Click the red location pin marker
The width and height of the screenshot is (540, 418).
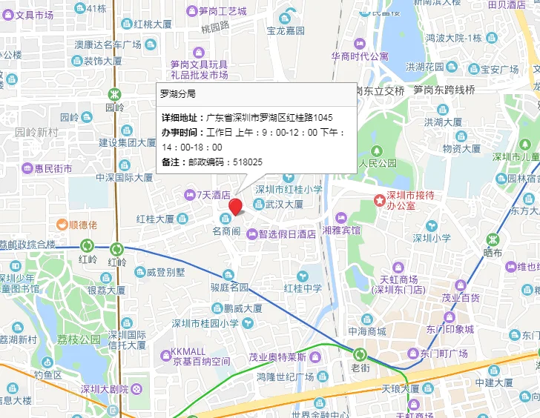(x=236, y=206)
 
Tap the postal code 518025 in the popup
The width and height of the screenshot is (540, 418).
(x=248, y=162)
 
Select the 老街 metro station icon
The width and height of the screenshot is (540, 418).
(x=360, y=354)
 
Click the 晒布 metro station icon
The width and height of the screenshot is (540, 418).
(x=493, y=239)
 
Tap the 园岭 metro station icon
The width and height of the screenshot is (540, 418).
(x=115, y=94)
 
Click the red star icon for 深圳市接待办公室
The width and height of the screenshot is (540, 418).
(x=380, y=199)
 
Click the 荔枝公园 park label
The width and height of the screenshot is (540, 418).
(x=79, y=339)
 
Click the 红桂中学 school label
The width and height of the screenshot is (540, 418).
(x=302, y=288)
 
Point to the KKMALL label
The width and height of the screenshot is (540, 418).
(x=188, y=351)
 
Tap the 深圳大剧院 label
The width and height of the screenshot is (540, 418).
(x=104, y=389)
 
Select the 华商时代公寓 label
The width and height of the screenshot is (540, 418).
(x=359, y=56)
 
